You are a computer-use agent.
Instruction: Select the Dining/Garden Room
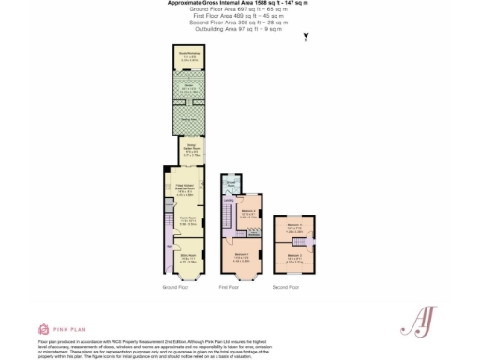pos(191,149)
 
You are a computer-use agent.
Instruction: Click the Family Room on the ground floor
pos(187,222)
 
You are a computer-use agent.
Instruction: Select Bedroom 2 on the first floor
pos(247,213)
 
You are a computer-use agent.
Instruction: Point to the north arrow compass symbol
pos(306,38)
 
